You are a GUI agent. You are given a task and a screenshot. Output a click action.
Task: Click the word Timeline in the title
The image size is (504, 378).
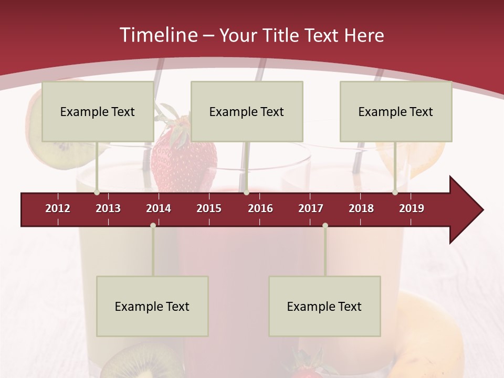pyautogui.click(x=158, y=35)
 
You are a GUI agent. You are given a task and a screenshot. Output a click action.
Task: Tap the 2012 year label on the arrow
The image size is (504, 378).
pyautogui.click(x=58, y=208)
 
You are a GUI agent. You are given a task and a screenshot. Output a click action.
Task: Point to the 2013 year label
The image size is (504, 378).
pyautogui.click(x=108, y=208)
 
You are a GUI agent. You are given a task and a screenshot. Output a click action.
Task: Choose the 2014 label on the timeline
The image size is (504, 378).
pyautogui.click(x=159, y=208)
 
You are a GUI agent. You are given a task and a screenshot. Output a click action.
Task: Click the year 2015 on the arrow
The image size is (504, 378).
pyautogui.click(x=209, y=208)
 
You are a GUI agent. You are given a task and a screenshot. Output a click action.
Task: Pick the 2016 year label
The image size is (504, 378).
pyautogui.click(x=260, y=208)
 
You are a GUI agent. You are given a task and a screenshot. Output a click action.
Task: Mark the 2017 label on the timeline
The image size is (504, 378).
pyautogui.click(x=311, y=208)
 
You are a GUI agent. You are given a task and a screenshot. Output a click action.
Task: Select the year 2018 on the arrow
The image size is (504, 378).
pyautogui.click(x=361, y=208)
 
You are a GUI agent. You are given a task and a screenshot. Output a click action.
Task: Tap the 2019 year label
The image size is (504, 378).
pyautogui.click(x=412, y=208)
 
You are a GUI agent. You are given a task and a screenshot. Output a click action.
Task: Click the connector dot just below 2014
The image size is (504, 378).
pyautogui.click(x=153, y=226)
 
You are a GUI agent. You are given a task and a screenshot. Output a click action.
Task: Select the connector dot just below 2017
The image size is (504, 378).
pyautogui.click(x=325, y=226)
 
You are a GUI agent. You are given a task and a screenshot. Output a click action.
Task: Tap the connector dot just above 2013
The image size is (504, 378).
pyautogui.click(x=97, y=193)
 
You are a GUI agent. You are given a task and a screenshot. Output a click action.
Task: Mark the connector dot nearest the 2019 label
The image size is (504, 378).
pyautogui.click(x=395, y=193)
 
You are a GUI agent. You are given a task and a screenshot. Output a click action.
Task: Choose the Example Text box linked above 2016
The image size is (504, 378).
pyautogui.click(x=247, y=111)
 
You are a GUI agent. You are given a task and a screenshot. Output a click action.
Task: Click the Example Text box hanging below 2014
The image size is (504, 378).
pyautogui.click(x=152, y=306)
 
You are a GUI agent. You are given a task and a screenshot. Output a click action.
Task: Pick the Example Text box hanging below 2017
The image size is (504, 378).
pyautogui.click(x=324, y=306)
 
